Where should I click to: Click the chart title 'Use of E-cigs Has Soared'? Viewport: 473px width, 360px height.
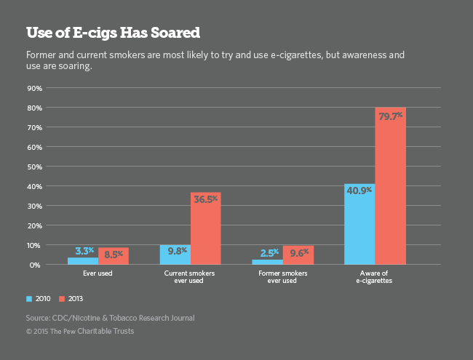(x=113, y=33)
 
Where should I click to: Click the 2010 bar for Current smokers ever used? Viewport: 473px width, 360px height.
(x=175, y=255)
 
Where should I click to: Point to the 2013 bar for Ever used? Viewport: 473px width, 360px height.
(x=113, y=257)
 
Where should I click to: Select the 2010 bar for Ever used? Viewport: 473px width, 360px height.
(x=82, y=261)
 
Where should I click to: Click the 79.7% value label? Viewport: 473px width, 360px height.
(x=390, y=116)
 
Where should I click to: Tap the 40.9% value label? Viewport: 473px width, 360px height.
(x=359, y=191)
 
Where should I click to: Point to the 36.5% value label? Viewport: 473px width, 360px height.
(x=205, y=200)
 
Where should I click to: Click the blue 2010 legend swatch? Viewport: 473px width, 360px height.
(x=29, y=298)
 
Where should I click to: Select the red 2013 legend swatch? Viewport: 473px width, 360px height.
(x=62, y=298)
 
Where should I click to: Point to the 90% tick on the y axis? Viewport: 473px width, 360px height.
(x=33, y=88)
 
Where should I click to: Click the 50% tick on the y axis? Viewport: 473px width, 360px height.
(x=33, y=167)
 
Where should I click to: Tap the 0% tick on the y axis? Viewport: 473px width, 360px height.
(x=35, y=265)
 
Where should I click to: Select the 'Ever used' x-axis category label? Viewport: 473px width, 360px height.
(x=98, y=276)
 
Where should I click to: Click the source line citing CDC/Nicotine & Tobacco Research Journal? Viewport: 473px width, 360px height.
(x=110, y=318)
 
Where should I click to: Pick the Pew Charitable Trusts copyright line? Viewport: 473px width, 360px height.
(x=80, y=332)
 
